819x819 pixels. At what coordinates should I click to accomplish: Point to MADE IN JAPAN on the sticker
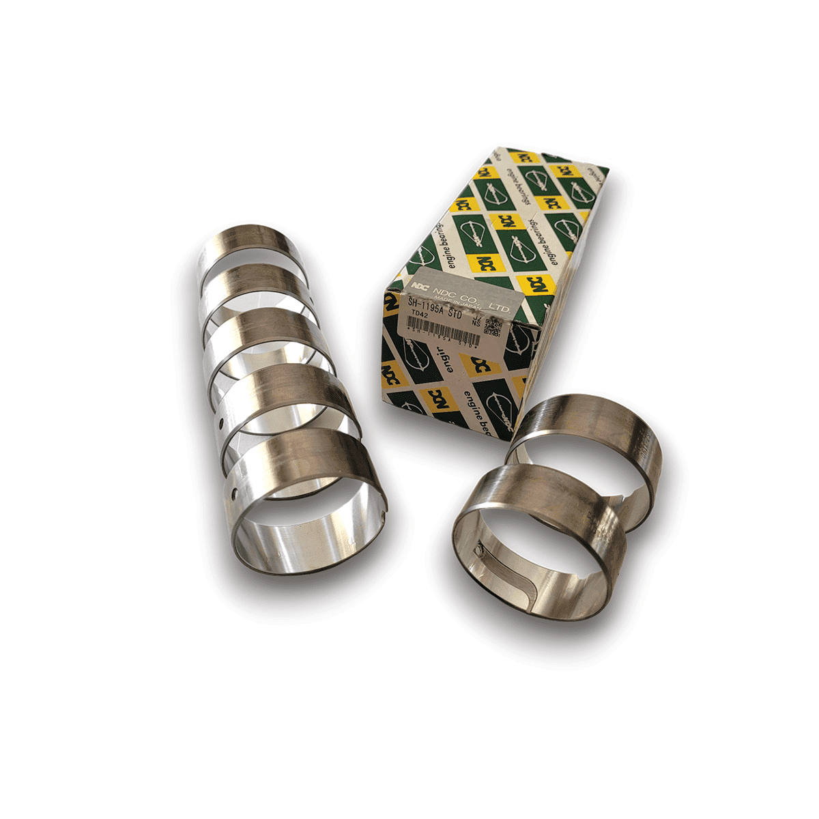[x=458, y=302]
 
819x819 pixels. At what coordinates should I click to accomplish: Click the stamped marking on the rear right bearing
[x=642, y=444]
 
